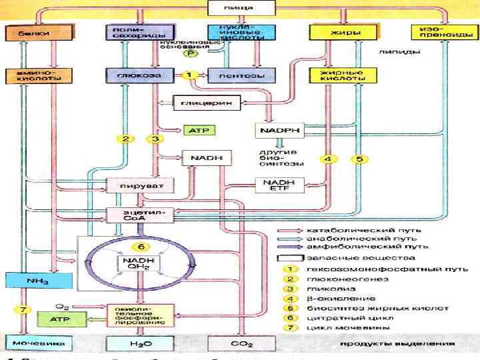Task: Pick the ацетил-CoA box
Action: click(139, 214)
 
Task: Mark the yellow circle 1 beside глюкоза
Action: click(189, 76)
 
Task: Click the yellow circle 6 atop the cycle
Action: click(141, 238)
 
